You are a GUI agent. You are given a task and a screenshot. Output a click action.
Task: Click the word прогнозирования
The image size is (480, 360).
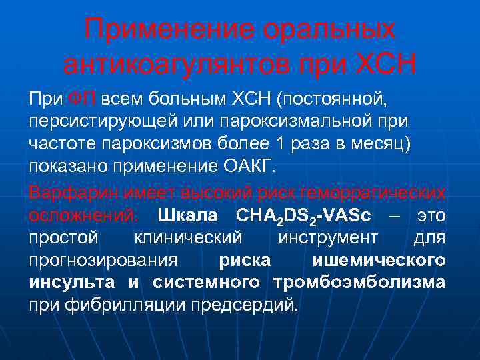(103, 261)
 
